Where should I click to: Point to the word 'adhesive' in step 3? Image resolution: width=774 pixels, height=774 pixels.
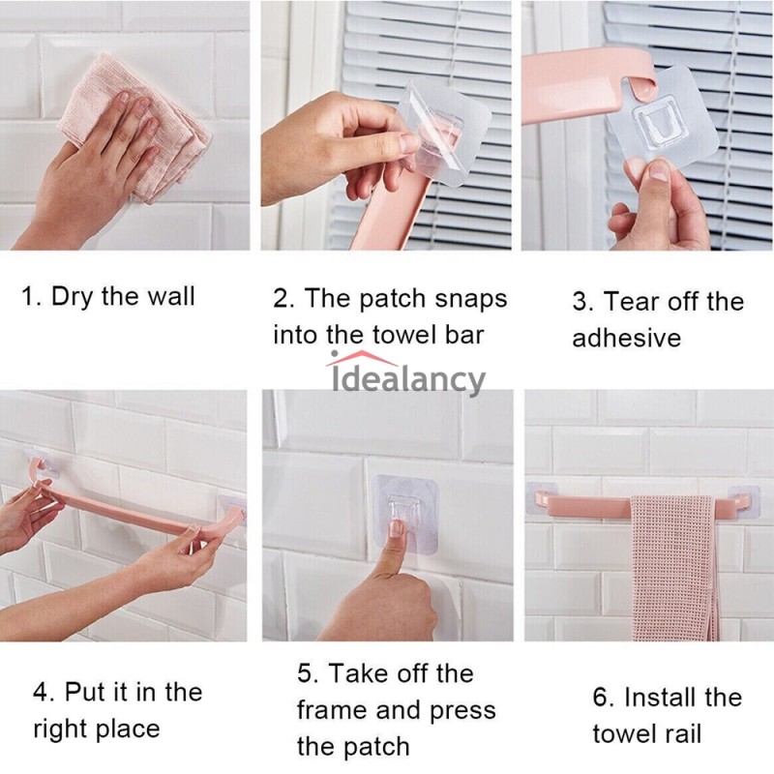626,338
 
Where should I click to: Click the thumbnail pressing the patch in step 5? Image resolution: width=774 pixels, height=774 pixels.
396,528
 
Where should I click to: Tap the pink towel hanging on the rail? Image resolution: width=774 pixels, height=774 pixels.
673,568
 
